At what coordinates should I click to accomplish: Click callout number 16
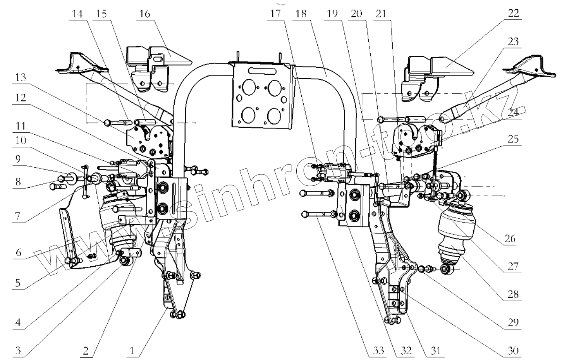point(144,14)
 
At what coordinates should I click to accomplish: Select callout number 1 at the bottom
point(132,351)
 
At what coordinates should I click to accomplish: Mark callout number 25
point(513,139)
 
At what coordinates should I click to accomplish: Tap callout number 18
point(300,14)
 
